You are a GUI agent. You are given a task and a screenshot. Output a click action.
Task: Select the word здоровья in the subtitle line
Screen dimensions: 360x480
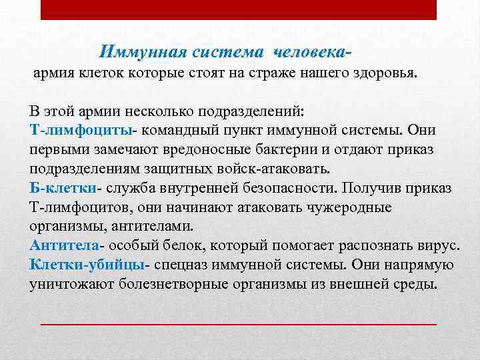point(387,73)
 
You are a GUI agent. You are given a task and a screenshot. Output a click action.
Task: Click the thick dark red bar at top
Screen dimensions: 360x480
point(238,10)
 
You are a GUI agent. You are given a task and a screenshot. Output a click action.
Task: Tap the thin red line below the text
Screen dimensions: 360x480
point(238,324)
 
